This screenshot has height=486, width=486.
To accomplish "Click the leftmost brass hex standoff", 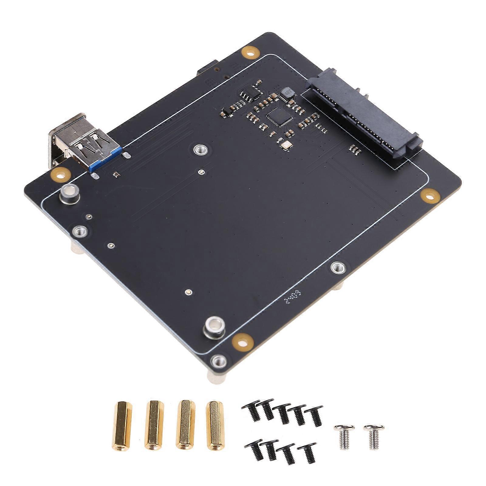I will [123, 426].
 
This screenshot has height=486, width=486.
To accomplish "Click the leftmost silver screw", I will [344, 436].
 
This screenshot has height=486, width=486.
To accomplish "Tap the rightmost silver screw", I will [373, 436].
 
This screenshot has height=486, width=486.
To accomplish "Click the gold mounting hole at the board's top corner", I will [250, 52].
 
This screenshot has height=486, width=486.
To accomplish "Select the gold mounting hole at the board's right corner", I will [430, 196].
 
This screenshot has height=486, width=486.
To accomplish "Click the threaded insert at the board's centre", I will [200, 149].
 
